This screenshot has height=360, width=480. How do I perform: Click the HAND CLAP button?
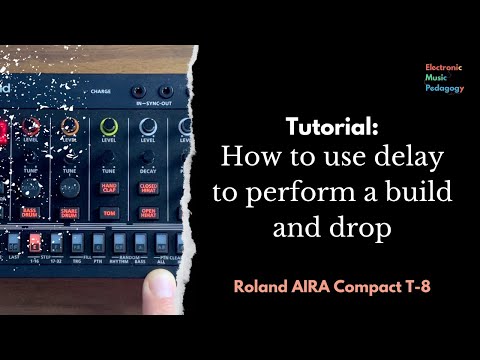point(110,188)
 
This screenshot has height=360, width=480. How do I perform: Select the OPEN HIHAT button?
point(148,212)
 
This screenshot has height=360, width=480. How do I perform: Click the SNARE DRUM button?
point(70,213)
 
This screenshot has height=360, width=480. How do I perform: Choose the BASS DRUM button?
point(30,214)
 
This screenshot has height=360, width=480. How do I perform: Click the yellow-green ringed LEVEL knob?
point(109,128)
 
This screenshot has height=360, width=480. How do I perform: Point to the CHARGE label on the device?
point(101,91)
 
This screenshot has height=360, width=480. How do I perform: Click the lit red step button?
point(35,243)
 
